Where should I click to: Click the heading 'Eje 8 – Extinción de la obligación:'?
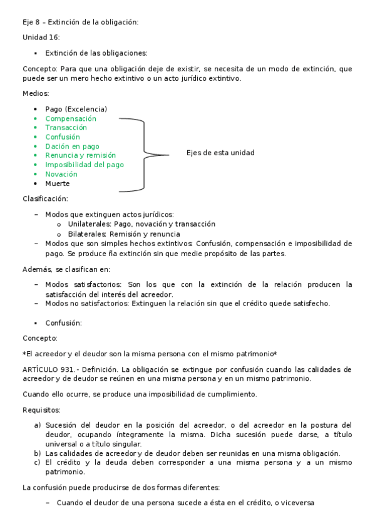80,22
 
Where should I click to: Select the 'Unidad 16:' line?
41,38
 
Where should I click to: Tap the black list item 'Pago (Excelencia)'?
76,109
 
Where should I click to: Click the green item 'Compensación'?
71,118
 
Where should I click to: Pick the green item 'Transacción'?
66,128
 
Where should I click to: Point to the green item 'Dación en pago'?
72,147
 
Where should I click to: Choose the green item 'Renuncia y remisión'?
80,155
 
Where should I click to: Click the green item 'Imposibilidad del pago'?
84,165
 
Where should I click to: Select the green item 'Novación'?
61,174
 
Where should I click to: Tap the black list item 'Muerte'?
58,183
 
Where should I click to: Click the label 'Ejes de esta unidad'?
220,153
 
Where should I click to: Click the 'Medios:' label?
36,93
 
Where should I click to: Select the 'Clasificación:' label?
45,198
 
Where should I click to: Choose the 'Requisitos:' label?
41,410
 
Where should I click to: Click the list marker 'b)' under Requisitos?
38,453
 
